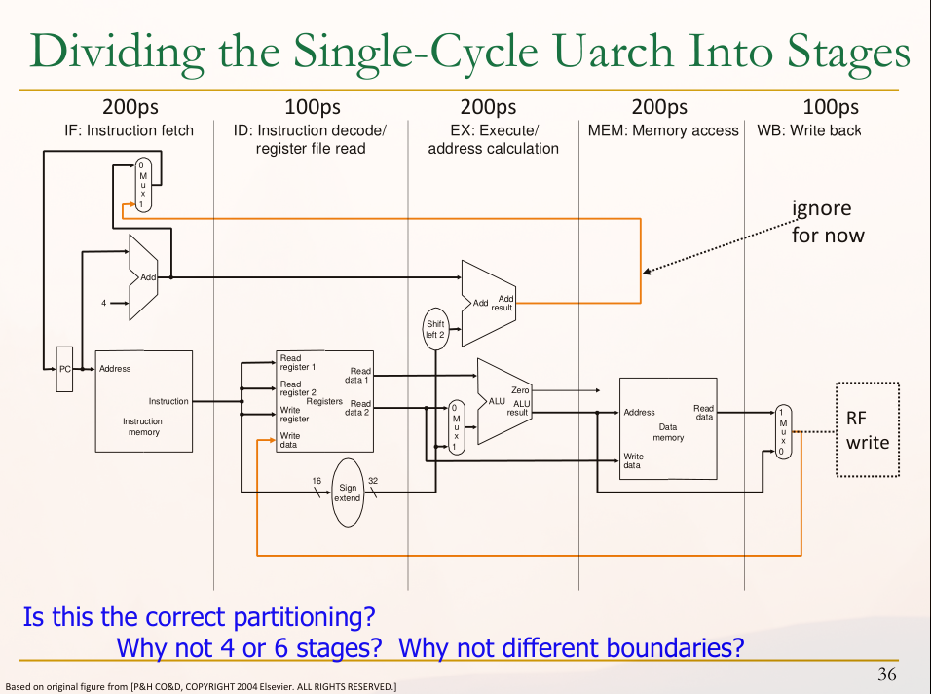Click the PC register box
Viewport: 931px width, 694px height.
tap(64, 369)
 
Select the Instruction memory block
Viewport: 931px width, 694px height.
tap(142, 401)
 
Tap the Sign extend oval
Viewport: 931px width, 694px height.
tap(347, 491)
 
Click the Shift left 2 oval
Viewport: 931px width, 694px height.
tap(434, 329)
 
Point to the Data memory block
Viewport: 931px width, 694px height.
tap(668, 426)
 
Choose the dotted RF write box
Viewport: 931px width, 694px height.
tap(867, 429)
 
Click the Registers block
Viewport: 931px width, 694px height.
tap(324, 401)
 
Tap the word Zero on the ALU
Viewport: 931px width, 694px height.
tap(520, 390)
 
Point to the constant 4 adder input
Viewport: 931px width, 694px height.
tap(104, 303)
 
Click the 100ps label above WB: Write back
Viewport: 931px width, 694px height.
tap(830, 107)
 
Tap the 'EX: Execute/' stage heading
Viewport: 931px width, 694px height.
tap(493, 130)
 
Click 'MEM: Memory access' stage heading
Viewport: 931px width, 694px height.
tap(663, 130)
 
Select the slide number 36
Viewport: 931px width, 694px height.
tap(886, 674)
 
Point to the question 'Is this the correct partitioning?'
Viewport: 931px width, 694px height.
tap(199, 616)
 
